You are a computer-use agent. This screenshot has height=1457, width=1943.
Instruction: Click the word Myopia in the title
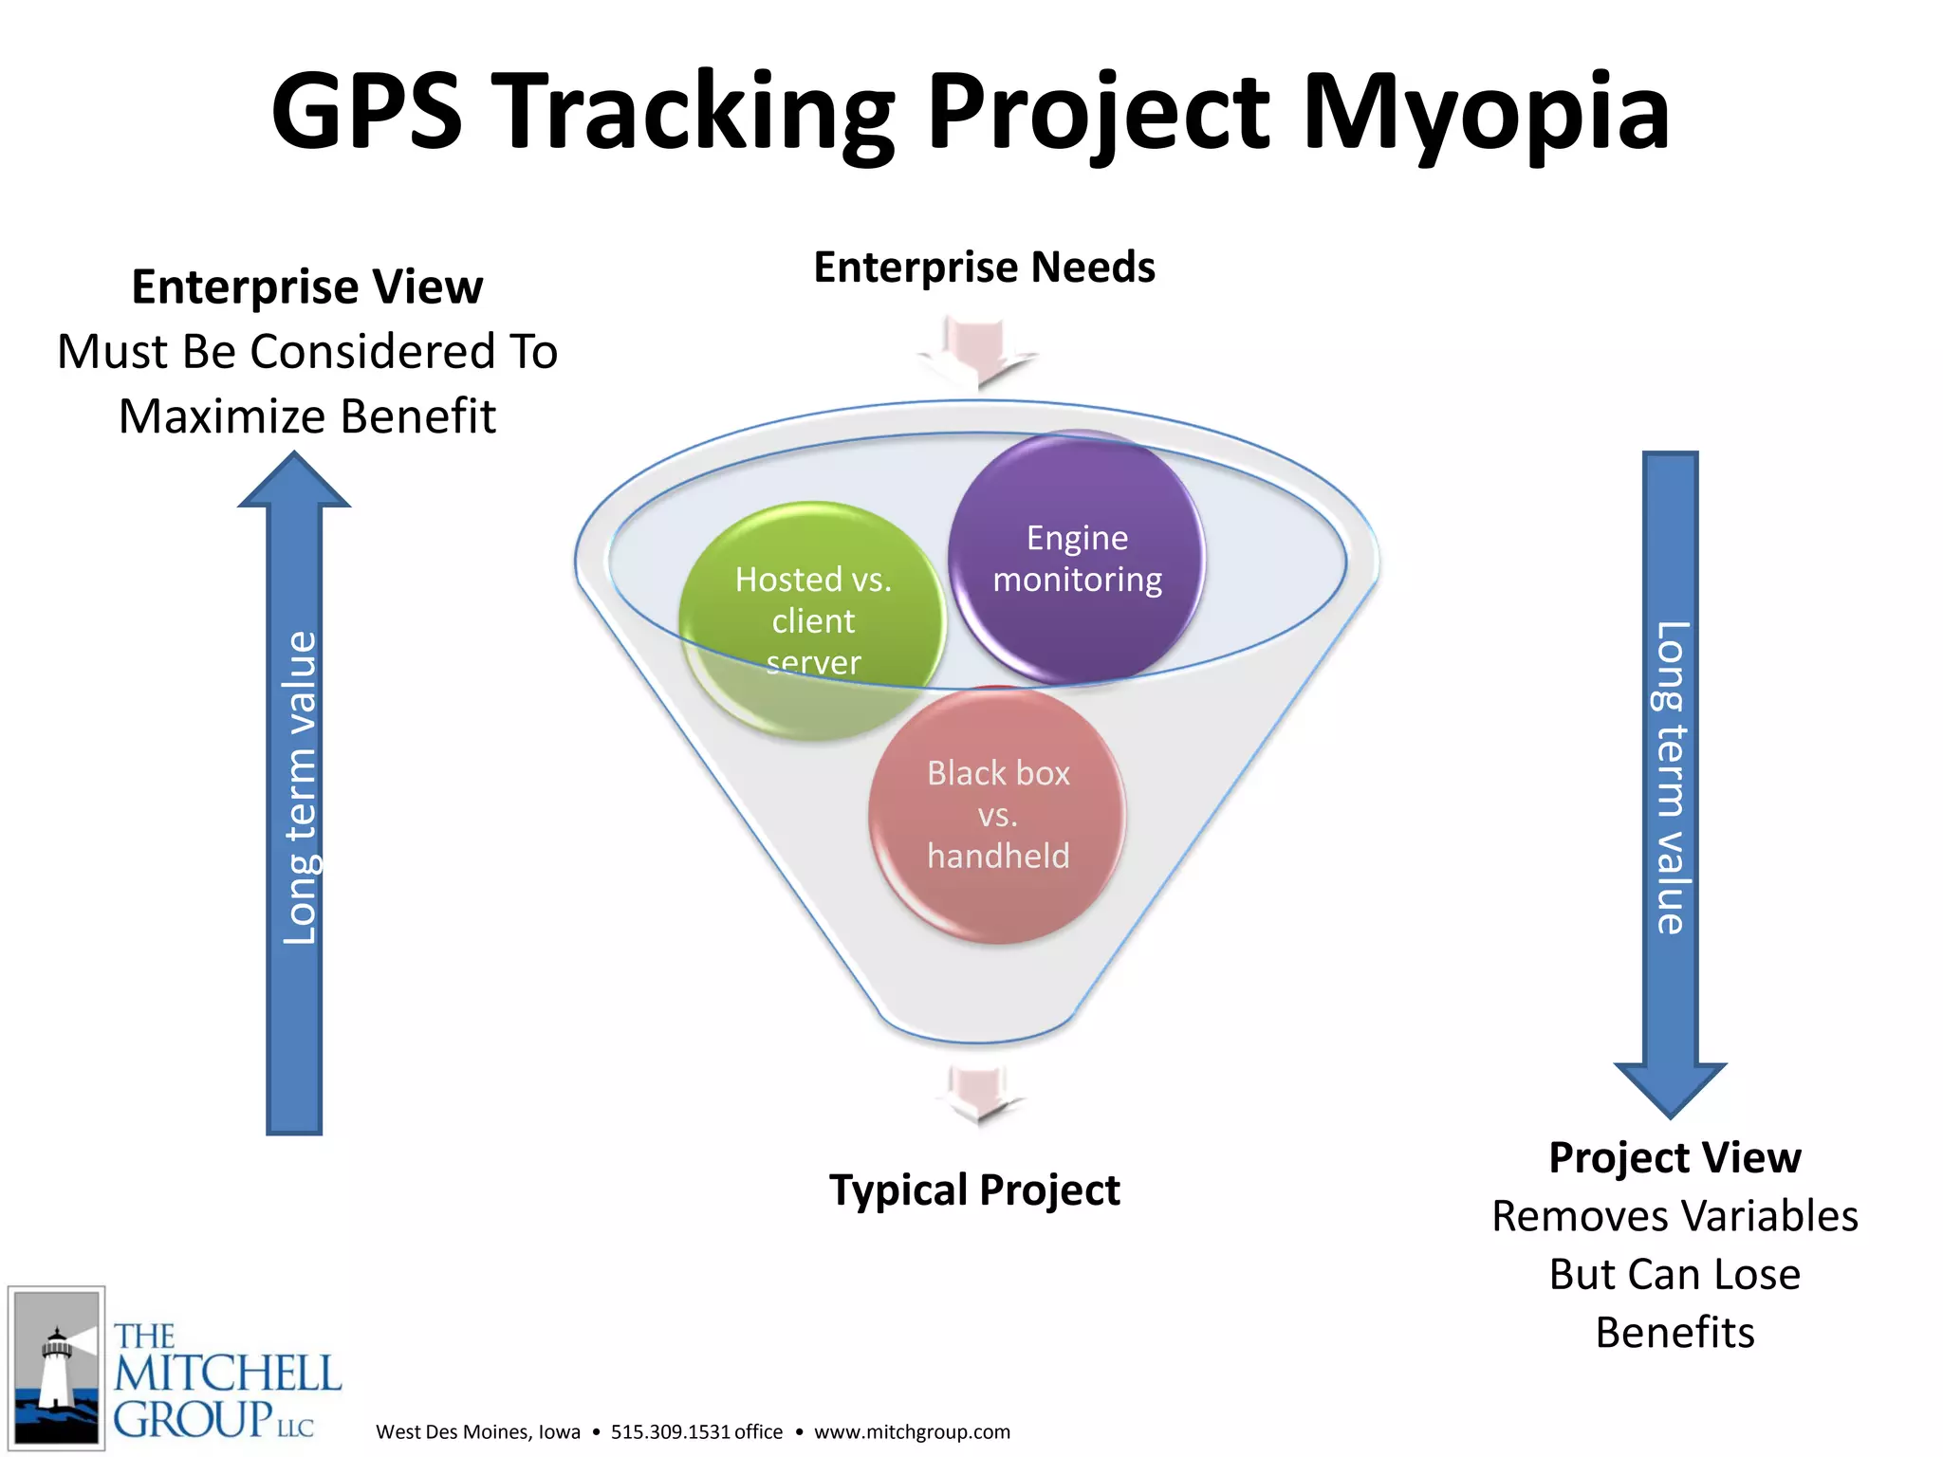click(1485, 114)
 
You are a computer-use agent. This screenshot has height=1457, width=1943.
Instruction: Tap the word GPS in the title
click(366, 114)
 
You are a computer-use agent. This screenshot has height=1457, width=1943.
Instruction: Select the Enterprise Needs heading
click(984, 267)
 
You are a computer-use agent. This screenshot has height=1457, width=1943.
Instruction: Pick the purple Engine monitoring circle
click(1077, 558)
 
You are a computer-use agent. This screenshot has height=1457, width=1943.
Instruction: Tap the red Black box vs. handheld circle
click(997, 814)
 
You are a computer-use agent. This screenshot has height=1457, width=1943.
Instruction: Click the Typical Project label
click(974, 1190)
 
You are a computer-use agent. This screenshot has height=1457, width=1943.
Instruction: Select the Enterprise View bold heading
click(306, 286)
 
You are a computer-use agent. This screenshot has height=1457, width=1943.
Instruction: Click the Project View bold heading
click(1675, 1157)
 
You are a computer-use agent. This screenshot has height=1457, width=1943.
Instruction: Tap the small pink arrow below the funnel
click(978, 1095)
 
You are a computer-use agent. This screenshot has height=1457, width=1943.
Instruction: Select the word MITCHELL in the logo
click(228, 1374)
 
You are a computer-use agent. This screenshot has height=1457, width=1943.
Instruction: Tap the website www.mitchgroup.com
click(912, 1431)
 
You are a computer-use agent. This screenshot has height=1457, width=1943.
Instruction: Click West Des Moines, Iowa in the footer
click(477, 1431)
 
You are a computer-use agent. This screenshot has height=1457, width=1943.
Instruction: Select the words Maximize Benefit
click(306, 416)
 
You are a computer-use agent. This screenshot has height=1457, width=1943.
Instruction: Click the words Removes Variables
click(1675, 1216)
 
